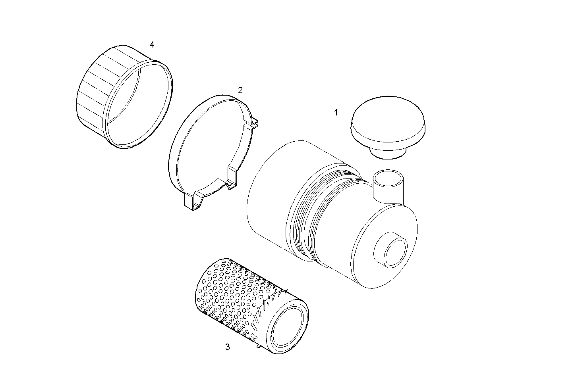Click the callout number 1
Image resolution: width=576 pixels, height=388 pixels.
(336, 113)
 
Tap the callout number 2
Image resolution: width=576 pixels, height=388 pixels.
(240, 90)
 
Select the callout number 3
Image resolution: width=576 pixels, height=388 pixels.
(227, 347)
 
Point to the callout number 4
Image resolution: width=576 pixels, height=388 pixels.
(152, 44)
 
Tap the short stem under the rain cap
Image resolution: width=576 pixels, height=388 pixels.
(387, 153)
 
